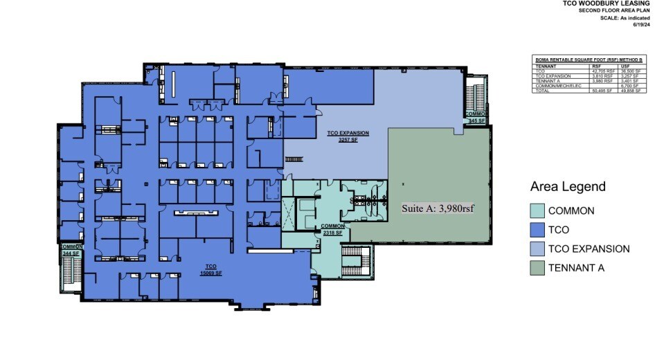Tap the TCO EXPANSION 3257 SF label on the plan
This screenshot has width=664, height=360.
coord(348,135)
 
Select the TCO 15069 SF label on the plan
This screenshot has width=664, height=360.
coord(211,269)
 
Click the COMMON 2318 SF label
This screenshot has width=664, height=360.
coord(333,229)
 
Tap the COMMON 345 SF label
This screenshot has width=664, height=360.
coord(477,117)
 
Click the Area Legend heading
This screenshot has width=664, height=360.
coord(568,186)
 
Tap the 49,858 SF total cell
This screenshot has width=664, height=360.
coord(631,91)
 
